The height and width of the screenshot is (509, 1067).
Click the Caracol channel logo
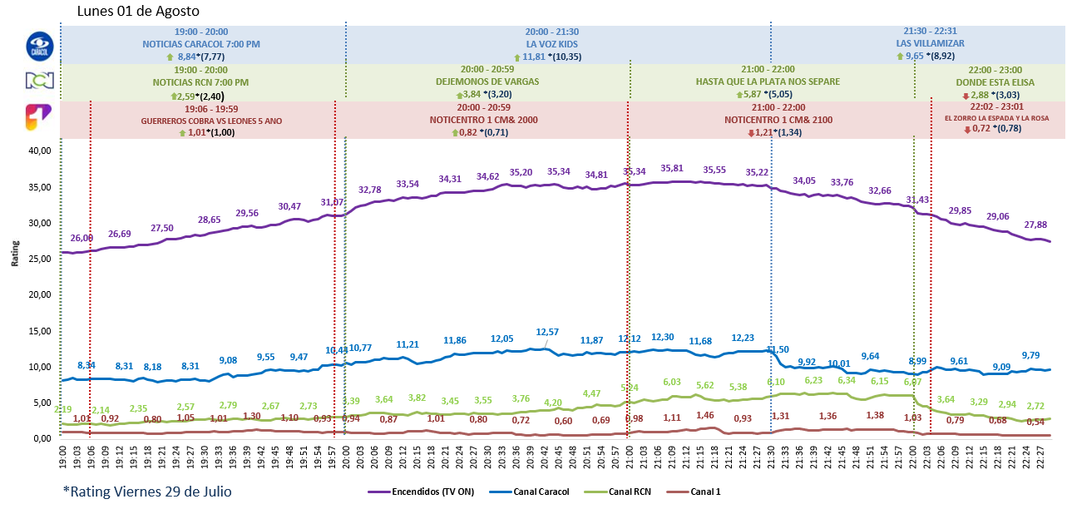(39, 46)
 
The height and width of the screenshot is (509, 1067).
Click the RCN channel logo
(39, 82)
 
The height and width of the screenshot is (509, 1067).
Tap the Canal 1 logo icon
(39, 117)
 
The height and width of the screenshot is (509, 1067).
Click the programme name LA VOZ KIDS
(551, 43)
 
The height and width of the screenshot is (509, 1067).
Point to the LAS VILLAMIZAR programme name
(930, 43)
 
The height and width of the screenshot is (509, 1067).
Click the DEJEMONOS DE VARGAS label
(487, 82)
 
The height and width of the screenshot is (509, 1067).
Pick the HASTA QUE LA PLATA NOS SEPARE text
(768, 82)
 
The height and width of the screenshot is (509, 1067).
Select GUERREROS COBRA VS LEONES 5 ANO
(211, 121)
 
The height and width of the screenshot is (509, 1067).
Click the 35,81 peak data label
(672, 168)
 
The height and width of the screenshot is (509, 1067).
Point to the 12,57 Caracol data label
(547, 332)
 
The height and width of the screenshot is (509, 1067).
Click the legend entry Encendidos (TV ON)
(421, 492)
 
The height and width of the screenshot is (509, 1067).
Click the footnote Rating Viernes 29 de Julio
(147, 491)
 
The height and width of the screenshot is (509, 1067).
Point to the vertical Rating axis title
(14, 254)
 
